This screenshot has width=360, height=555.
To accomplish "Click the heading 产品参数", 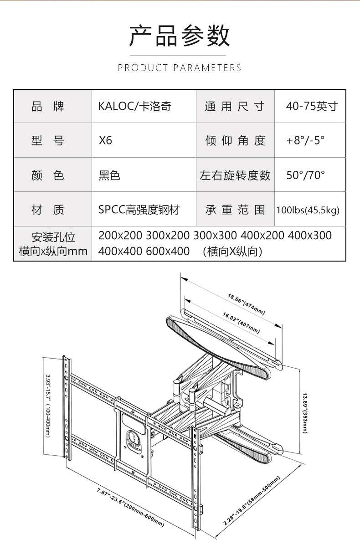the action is click(x=180, y=36).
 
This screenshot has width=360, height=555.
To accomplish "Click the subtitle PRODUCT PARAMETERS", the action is click(x=180, y=68).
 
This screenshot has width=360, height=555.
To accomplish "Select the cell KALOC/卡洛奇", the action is click(x=135, y=107).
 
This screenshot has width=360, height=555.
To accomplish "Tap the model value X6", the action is click(x=105, y=140).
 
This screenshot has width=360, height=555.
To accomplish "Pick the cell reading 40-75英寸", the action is click(x=312, y=107).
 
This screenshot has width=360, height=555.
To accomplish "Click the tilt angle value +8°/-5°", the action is click(x=306, y=140).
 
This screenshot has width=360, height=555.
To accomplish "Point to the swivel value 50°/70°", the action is click(x=306, y=175).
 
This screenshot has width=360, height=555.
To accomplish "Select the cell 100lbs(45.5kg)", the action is click(x=308, y=210).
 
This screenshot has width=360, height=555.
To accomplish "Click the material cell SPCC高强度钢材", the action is click(x=139, y=210).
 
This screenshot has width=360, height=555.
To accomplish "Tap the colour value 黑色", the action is click(x=109, y=175).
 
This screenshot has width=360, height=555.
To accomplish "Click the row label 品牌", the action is click(x=48, y=107).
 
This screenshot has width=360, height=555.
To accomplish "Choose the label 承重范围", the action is click(x=235, y=210).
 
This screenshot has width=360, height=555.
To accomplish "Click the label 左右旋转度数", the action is click(x=235, y=175).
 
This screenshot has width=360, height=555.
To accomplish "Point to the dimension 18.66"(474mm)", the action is click(x=246, y=304).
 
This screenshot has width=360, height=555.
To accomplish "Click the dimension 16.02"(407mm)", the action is click(x=241, y=323).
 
